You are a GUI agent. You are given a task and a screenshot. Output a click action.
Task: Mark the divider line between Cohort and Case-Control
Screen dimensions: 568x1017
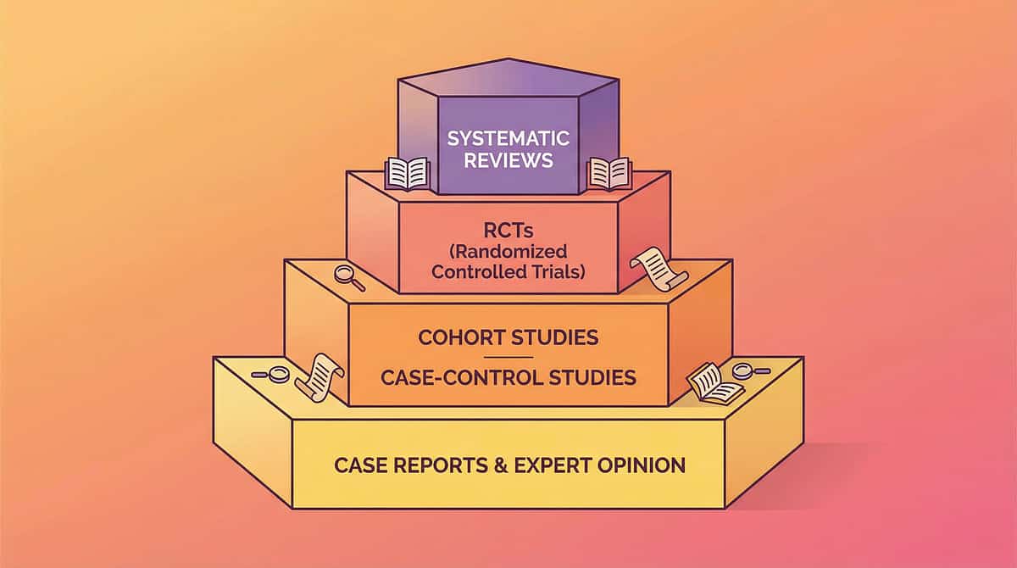(508, 357)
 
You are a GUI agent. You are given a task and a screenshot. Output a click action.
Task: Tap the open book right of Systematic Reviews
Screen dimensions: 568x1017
(609, 172)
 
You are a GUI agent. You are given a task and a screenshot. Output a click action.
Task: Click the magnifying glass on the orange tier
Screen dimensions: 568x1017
(348, 277)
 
